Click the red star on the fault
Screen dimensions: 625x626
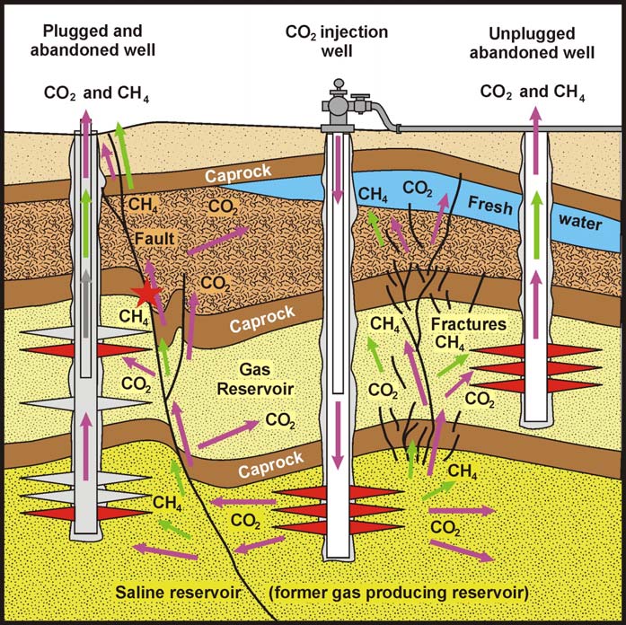tap(145, 293)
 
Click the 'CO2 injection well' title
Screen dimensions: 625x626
tap(337, 41)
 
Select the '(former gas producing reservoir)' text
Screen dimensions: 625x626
tap(398, 594)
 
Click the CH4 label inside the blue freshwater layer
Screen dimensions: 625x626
tap(375, 193)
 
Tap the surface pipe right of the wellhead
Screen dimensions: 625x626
tap(503, 128)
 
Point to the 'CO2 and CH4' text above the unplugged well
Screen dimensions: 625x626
tap(533, 92)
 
